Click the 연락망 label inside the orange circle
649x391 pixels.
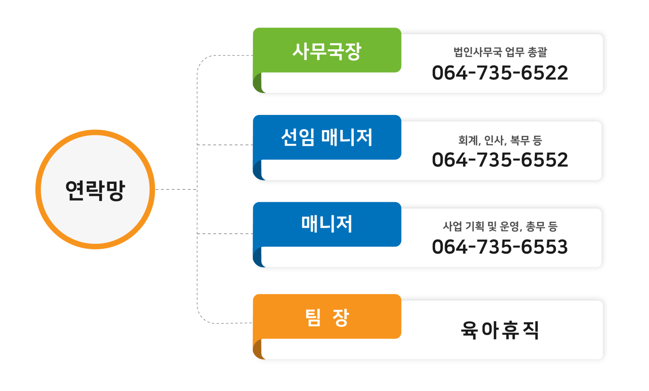(x=95, y=190)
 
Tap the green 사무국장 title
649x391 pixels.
(x=327, y=51)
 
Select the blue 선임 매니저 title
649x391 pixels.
(x=327, y=138)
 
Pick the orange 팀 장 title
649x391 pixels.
(x=327, y=317)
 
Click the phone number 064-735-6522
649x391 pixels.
(x=500, y=73)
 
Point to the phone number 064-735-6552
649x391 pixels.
(x=500, y=160)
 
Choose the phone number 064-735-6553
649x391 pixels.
(x=500, y=247)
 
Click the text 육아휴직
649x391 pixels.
(x=500, y=330)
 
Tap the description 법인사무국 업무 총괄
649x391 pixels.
(x=500, y=52)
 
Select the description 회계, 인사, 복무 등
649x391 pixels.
(x=500, y=140)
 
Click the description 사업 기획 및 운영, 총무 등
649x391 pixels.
(x=500, y=226)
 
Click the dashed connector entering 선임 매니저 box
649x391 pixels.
(x=225, y=145)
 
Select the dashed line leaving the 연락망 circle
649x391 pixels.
(x=176, y=190)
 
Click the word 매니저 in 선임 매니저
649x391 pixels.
(x=346, y=138)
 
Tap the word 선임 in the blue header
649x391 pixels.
(x=297, y=138)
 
